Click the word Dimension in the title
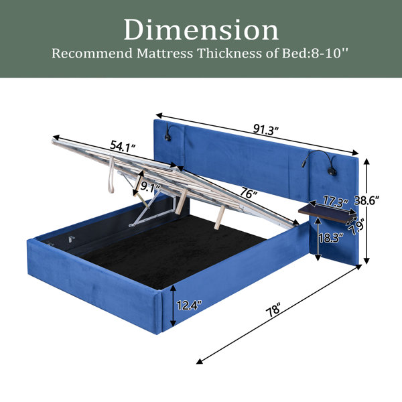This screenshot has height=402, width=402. coord(201,30)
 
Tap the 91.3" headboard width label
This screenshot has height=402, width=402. coord(266,130)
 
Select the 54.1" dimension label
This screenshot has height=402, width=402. coord(123,146)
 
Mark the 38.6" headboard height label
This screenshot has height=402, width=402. coord(366,200)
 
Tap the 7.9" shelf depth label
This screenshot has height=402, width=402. coord(357,226)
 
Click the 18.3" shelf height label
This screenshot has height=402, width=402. coord(331,238)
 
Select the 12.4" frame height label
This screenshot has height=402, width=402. coord(190,306)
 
